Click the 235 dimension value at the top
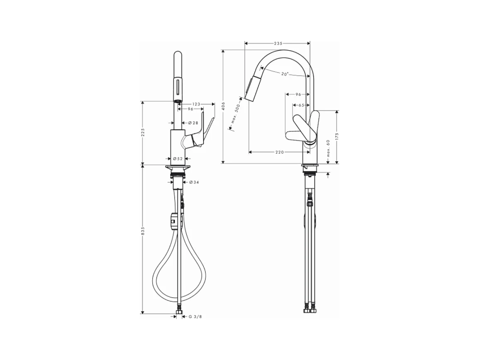tap(278, 44)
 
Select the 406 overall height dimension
tap(223, 106)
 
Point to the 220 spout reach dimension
tap(280, 152)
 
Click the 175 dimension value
tap(337, 137)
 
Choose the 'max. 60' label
tap(328, 149)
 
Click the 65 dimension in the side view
tap(301, 105)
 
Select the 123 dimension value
tap(196, 104)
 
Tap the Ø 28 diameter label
tap(193, 123)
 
